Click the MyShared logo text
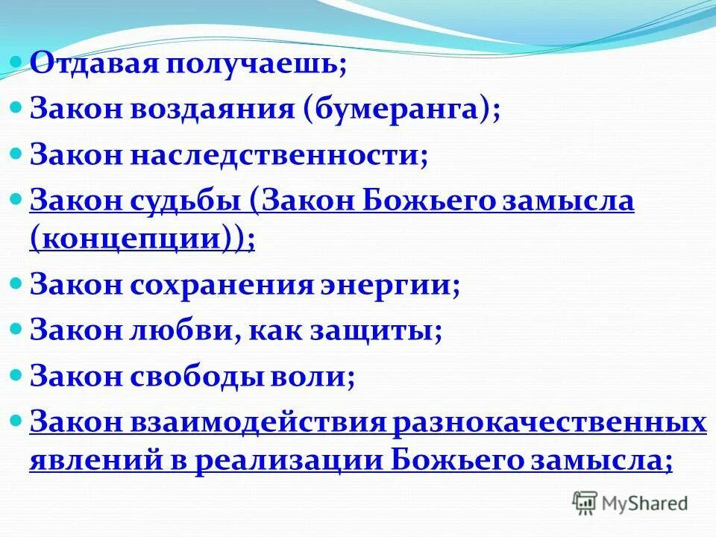(644, 504)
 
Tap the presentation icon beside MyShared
(586, 503)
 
